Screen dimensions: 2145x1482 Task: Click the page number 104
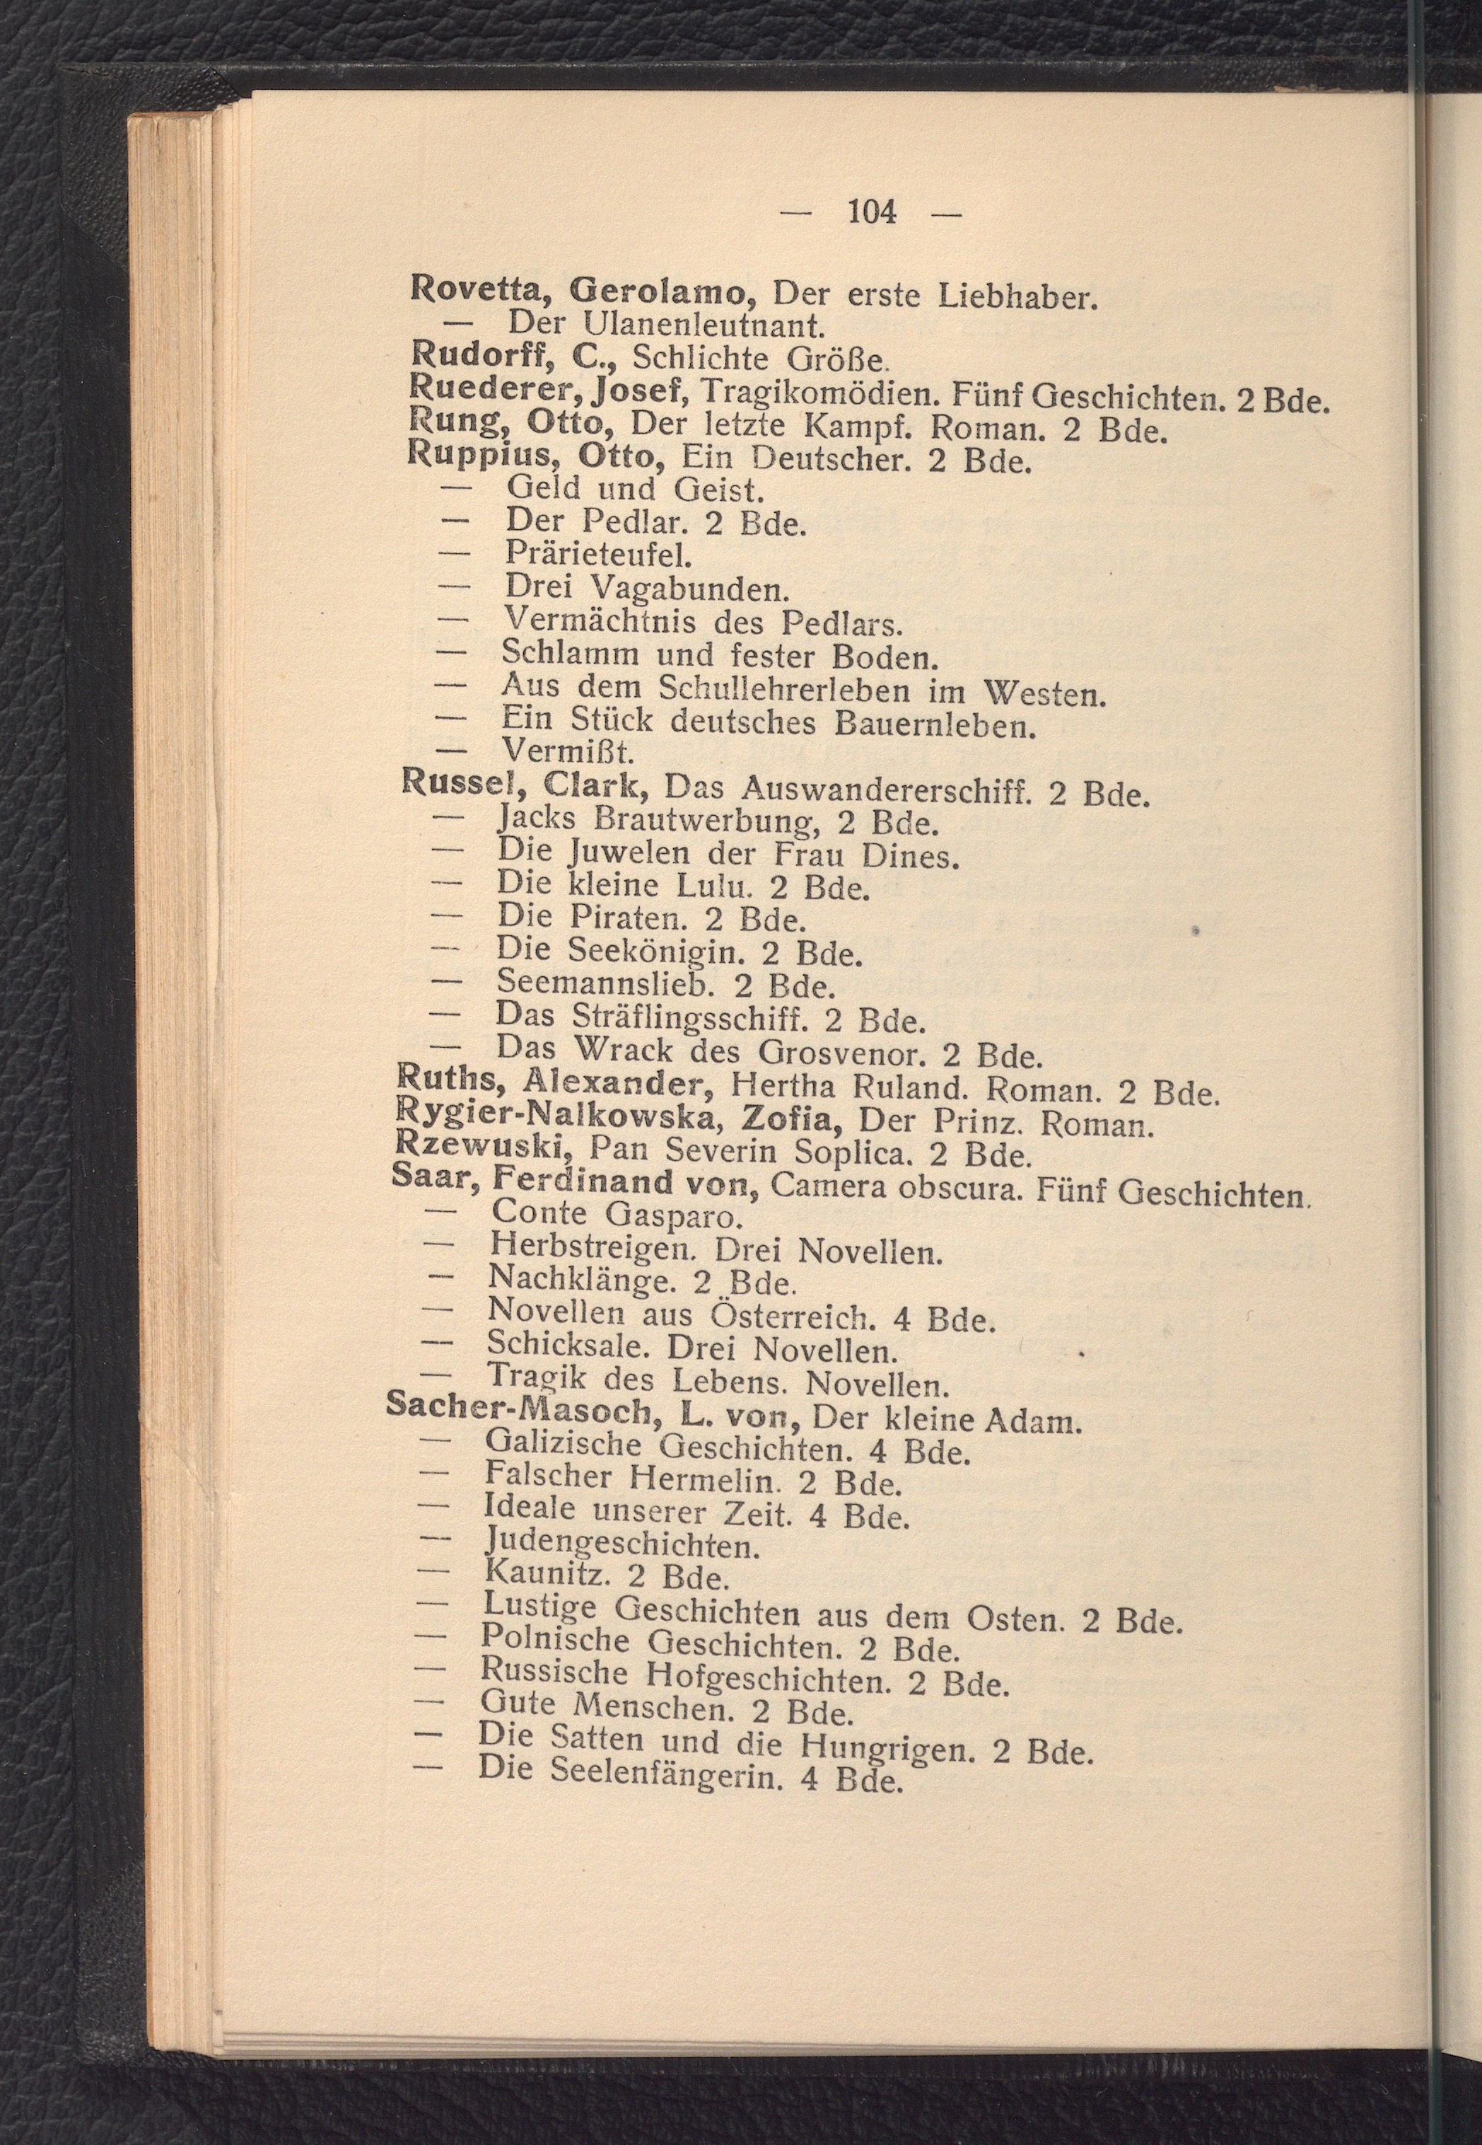click(872, 213)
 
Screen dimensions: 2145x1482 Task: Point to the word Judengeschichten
click(622, 1545)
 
